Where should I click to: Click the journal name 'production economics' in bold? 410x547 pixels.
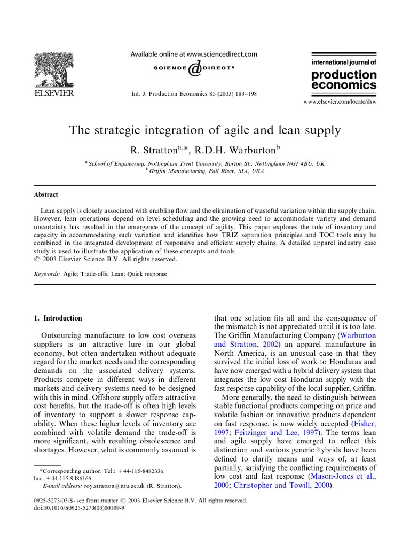[x=343, y=80]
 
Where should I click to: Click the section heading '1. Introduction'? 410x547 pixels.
[x=58, y=318]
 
